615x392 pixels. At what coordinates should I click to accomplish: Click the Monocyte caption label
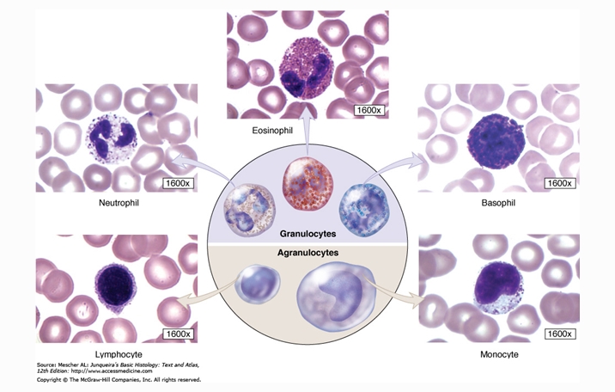click(x=498, y=354)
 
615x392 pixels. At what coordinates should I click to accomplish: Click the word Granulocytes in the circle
click(x=307, y=233)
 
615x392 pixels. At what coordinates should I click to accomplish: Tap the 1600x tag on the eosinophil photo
click(x=370, y=109)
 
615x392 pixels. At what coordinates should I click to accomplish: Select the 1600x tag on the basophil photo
click(x=560, y=183)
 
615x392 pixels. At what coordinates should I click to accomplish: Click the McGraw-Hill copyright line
click(x=118, y=378)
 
